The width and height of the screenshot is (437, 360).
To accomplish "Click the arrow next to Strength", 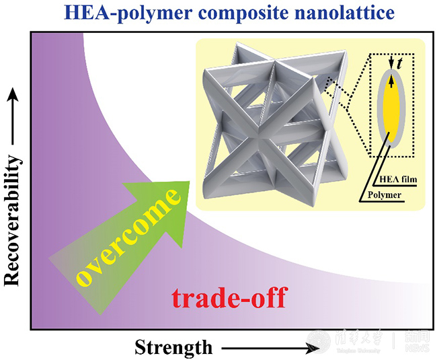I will (x=269, y=348).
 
